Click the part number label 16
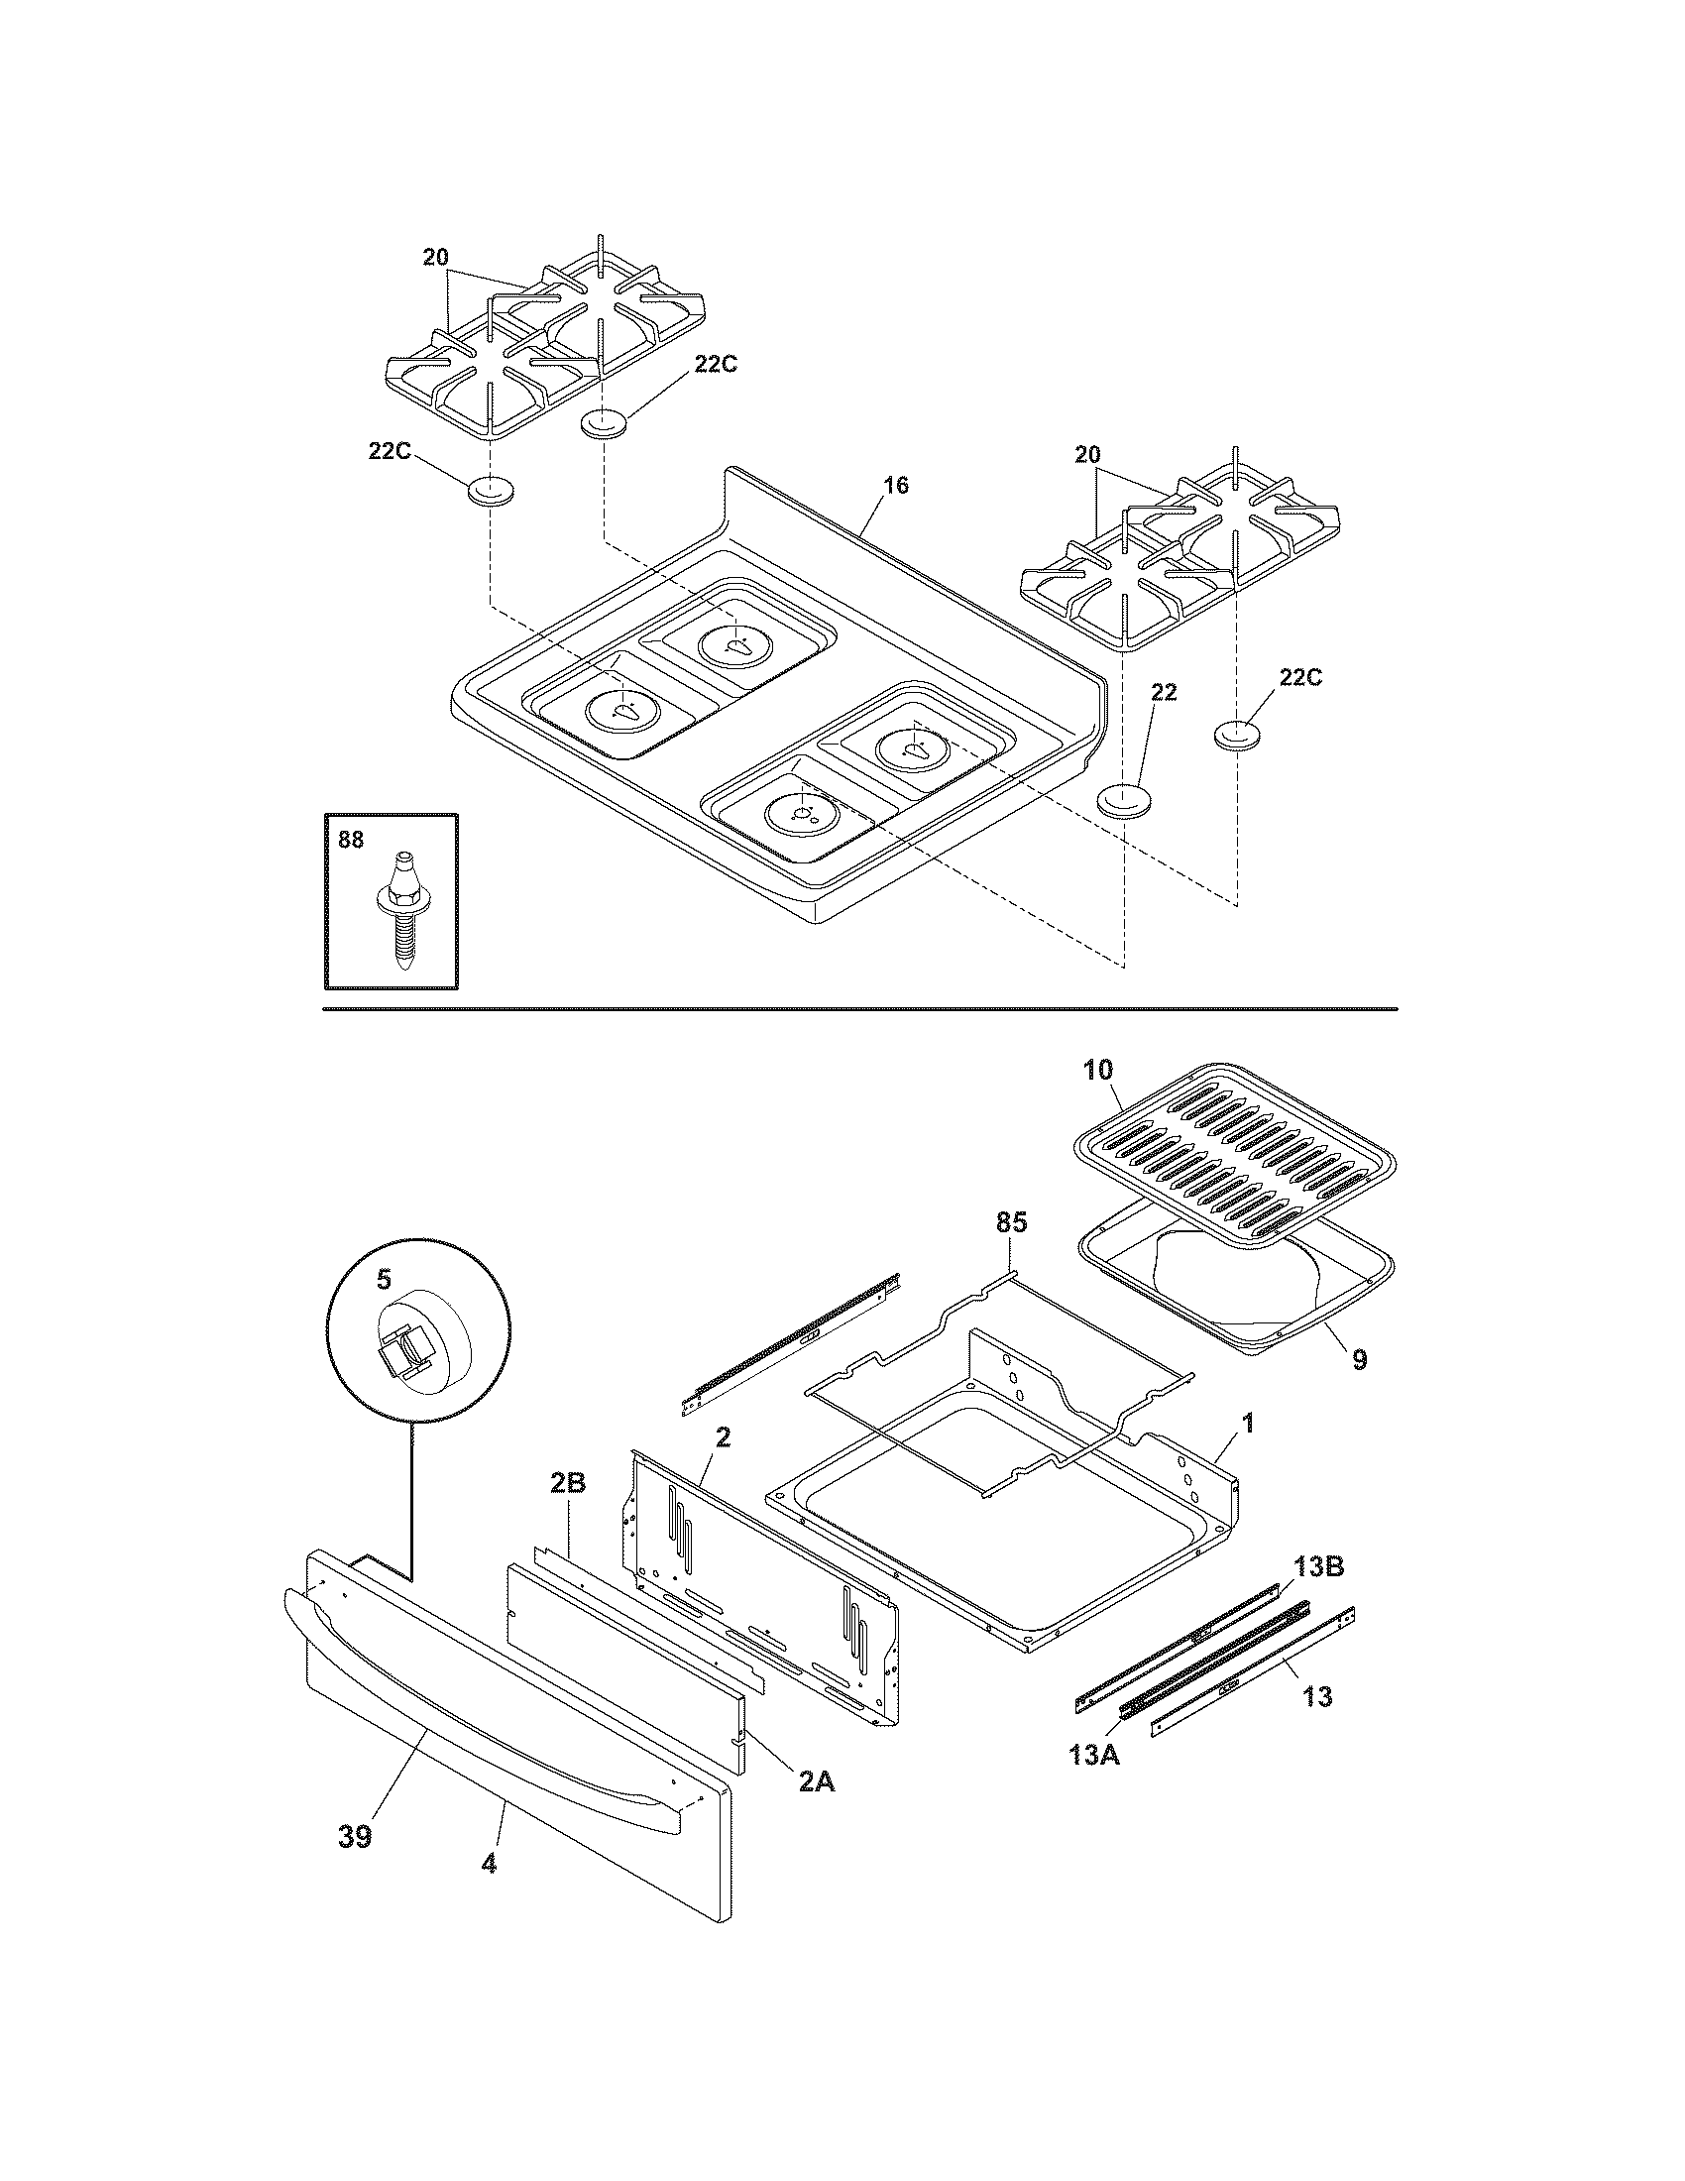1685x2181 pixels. click(895, 486)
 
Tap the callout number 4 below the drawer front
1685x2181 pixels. click(489, 1864)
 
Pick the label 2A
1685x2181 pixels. click(817, 1780)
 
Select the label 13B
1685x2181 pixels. click(1318, 1566)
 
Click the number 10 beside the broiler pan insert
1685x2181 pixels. click(1097, 1070)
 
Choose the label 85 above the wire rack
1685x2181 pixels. click(1010, 1221)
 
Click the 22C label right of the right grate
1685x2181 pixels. click(1300, 677)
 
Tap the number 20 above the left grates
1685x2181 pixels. click(435, 257)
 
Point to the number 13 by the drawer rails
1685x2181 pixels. click(1317, 1696)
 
